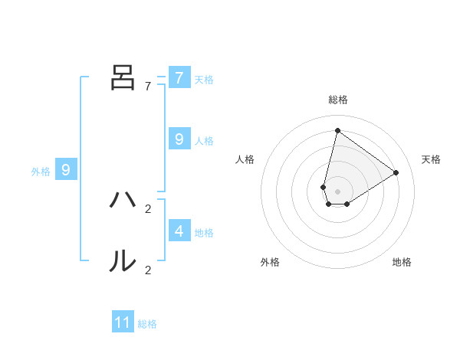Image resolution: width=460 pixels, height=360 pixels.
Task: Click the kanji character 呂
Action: [123, 77]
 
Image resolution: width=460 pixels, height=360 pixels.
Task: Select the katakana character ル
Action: [123, 261]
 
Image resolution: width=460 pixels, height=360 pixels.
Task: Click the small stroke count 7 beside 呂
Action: [148, 86]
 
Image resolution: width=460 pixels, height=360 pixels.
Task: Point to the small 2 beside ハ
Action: [148, 208]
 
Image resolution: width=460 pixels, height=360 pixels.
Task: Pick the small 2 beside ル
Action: [148, 270]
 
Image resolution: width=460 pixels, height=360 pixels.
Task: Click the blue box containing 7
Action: [179, 77]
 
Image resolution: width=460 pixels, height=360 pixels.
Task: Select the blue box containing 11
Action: [123, 322]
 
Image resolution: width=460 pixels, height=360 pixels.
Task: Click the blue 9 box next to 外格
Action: [66, 170]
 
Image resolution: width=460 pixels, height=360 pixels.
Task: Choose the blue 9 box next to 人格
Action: [179, 139]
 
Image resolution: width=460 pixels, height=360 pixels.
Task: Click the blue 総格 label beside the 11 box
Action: [147, 324]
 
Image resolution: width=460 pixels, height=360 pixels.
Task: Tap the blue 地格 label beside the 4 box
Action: [204, 232]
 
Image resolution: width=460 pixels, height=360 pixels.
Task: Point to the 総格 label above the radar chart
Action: [337, 100]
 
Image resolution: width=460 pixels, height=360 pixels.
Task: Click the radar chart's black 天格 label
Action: [431, 159]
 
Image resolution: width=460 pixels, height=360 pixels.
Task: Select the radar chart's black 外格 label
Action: [270, 262]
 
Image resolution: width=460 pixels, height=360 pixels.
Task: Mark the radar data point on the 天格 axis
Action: [396, 172]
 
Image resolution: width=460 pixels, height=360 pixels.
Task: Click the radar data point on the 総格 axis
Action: [337, 130]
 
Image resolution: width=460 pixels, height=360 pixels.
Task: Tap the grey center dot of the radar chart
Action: [337, 191]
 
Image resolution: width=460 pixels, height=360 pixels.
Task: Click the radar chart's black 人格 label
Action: [245, 159]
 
